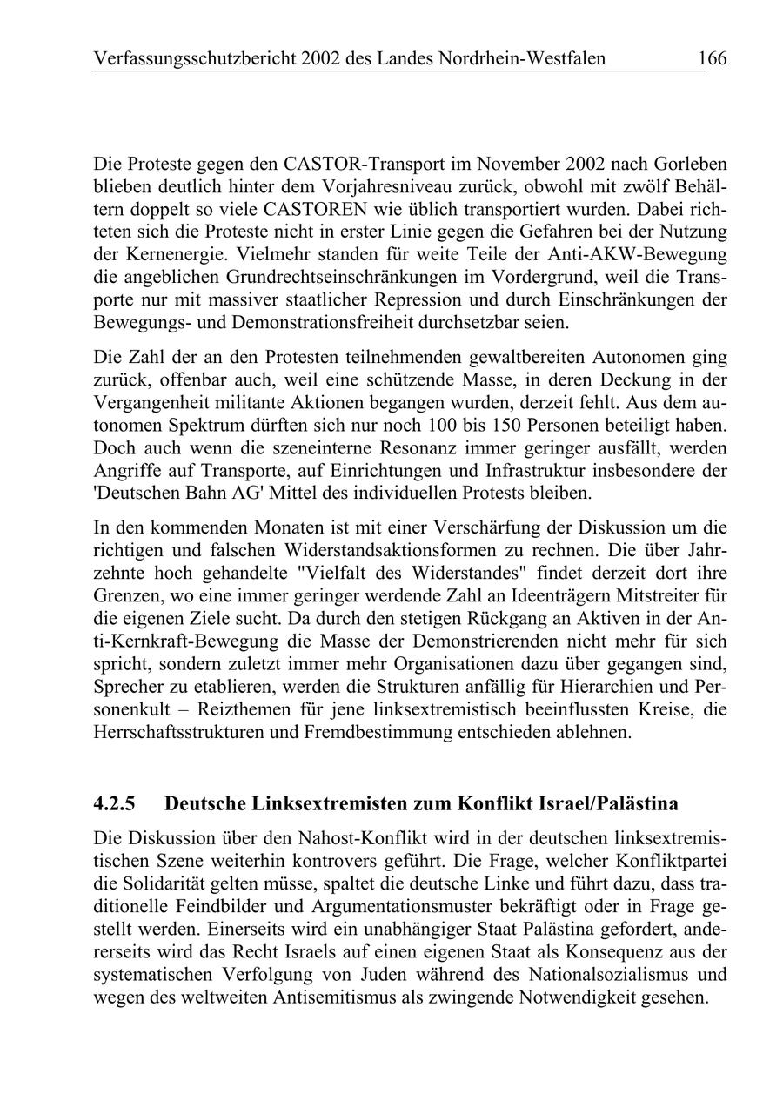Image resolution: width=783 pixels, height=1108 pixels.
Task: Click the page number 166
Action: point(711,59)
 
